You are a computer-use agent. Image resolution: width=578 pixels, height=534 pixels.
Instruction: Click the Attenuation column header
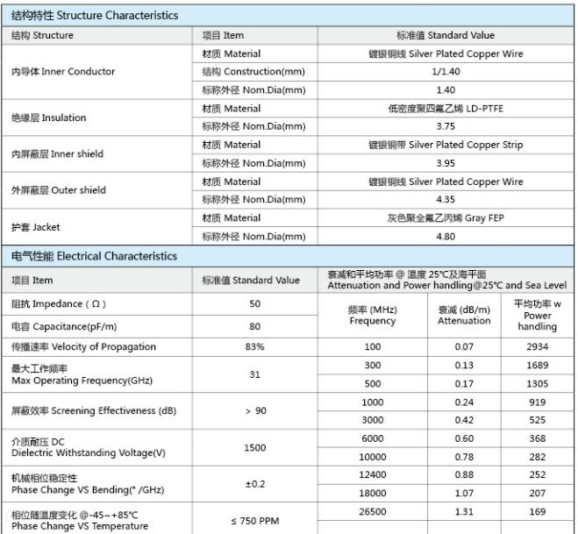coord(464,316)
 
